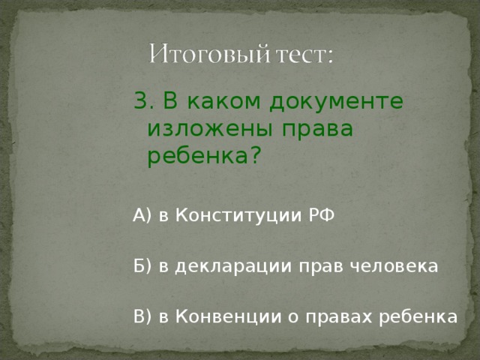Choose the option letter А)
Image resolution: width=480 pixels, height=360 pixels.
pos(142,217)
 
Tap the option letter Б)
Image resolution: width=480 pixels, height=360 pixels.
pos(142,267)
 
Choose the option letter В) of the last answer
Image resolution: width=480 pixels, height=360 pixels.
pos(142,316)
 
